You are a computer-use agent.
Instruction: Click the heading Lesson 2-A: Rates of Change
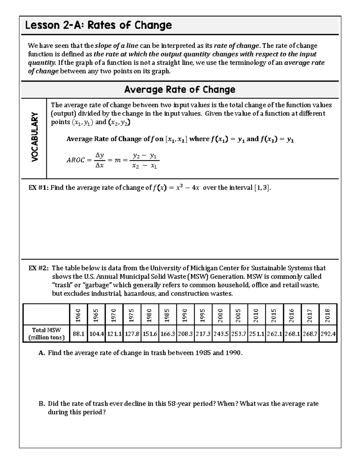point(98,25)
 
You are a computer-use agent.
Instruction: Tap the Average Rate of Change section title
point(180,89)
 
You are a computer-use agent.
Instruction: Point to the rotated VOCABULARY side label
point(35,137)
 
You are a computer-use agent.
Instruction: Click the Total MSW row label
point(46,334)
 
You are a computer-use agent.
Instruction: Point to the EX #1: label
point(38,188)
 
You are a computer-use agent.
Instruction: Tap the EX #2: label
point(39,268)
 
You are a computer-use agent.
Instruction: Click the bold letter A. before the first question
point(42,353)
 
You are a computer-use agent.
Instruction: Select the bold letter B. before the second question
point(42,404)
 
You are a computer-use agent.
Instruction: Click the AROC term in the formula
point(75,160)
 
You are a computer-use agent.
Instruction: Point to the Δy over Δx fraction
point(99,160)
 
